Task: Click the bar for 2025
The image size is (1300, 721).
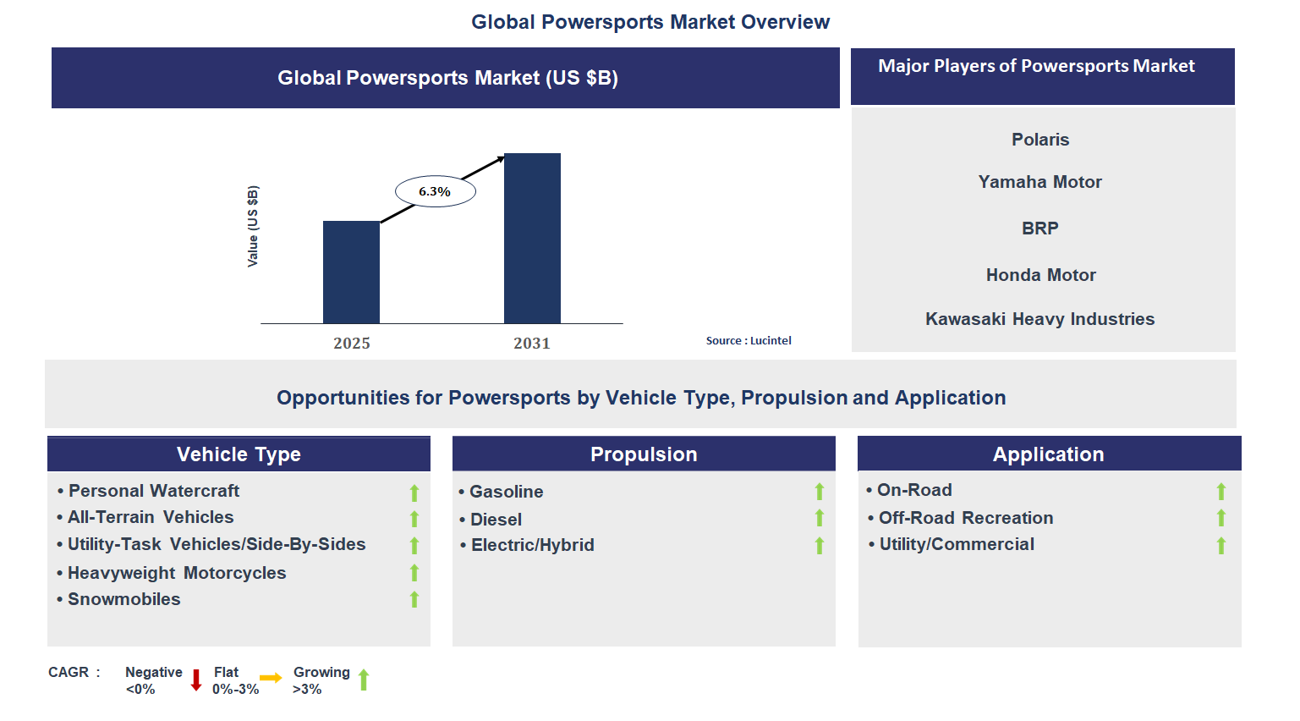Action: click(351, 272)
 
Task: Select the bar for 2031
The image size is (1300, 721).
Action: click(532, 238)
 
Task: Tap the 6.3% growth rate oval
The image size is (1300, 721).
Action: click(435, 191)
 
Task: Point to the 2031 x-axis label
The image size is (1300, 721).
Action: click(531, 343)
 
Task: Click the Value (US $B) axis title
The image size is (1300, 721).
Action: click(252, 226)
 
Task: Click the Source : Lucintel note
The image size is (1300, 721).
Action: click(749, 340)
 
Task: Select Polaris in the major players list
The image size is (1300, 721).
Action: click(1040, 140)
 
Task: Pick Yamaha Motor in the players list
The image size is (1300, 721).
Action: click(1039, 182)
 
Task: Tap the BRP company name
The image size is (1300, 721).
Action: click(1039, 228)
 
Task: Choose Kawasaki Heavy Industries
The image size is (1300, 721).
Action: click(1039, 319)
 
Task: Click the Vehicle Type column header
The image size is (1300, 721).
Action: click(239, 454)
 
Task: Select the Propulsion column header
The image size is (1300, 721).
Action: click(644, 454)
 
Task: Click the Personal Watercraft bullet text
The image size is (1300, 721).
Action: click(153, 491)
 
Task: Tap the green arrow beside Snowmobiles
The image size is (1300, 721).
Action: click(414, 600)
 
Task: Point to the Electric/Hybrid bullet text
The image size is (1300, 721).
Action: click(532, 545)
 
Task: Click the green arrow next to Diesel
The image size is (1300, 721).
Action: click(819, 518)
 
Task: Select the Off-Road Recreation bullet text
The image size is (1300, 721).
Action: click(965, 518)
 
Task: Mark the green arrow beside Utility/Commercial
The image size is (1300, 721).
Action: click(1220, 546)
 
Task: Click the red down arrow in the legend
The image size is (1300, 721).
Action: click(196, 680)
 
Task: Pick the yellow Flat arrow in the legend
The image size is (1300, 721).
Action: click(271, 678)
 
